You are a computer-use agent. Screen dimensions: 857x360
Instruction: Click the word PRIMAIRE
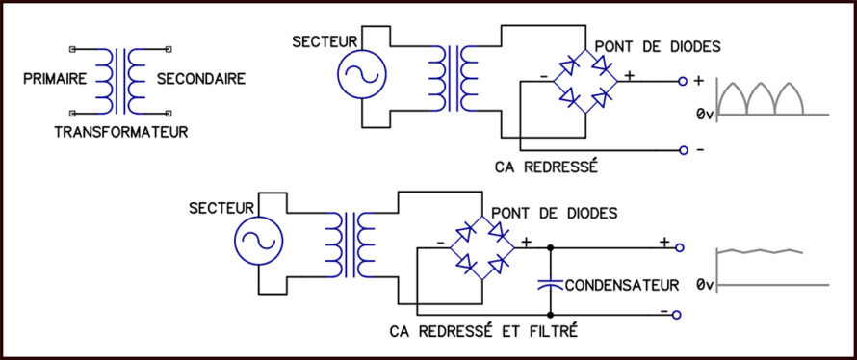point(55,79)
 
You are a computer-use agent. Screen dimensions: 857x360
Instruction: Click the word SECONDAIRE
point(201,79)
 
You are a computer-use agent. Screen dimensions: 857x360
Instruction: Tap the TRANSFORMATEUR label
point(121,132)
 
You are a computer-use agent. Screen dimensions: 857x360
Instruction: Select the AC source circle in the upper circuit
point(362,74)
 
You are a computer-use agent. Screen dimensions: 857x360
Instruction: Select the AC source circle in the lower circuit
point(258,241)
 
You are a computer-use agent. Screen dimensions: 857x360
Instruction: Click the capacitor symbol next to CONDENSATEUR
point(550,284)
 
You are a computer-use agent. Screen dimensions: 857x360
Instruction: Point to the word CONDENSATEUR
point(622,285)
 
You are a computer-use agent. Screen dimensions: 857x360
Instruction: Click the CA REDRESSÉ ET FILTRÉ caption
point(483,331)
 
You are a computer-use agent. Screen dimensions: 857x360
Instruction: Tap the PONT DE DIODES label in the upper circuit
point(658,47)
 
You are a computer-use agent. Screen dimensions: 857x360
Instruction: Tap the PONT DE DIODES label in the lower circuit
point(555,213)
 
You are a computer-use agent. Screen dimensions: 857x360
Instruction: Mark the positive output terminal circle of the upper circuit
point(682,82)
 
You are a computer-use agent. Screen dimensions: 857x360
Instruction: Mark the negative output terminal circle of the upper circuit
point(682,150)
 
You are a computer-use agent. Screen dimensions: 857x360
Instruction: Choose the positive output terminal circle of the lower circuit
point(680,248)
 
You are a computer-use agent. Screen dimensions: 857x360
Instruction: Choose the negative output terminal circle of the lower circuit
point(677,315)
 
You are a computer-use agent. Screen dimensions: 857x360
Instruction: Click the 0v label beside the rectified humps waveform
point(705,115)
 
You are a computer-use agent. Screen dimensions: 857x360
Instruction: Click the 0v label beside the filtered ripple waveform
point(705,285)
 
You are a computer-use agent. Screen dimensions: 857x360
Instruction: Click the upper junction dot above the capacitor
point(550,248)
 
